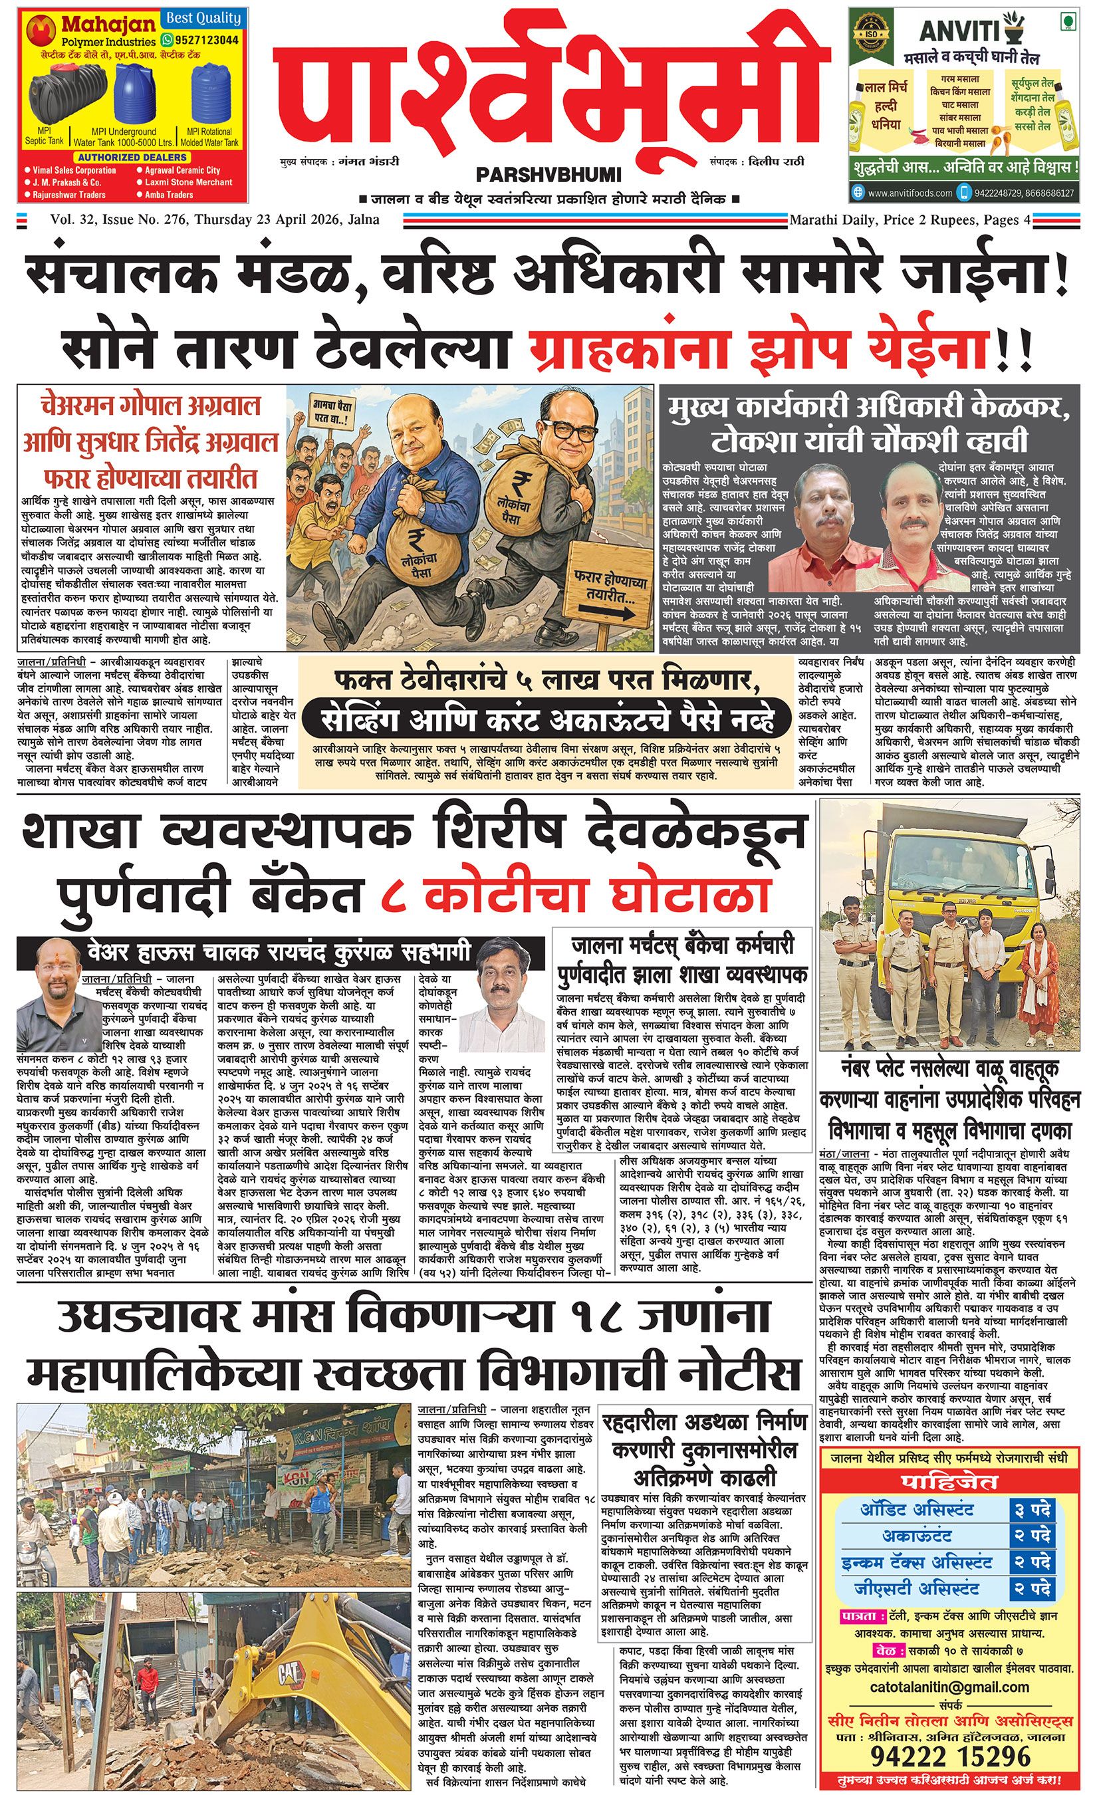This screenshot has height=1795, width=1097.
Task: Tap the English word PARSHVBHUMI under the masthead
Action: tap(548, 175)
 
